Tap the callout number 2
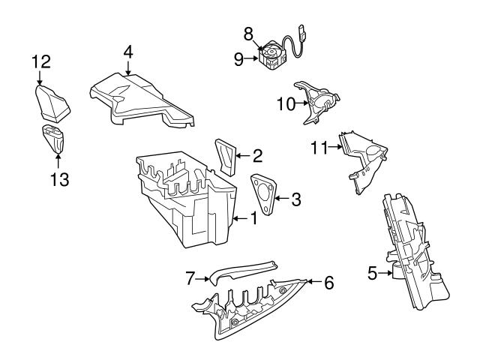coord(256,157)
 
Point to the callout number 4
coord(128,52)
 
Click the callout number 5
coord(372,274)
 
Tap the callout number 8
coord(248,33)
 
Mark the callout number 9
coord(238,59)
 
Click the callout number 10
coord(286,104)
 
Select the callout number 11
coord(320,148)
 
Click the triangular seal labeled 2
coord(225,156)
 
